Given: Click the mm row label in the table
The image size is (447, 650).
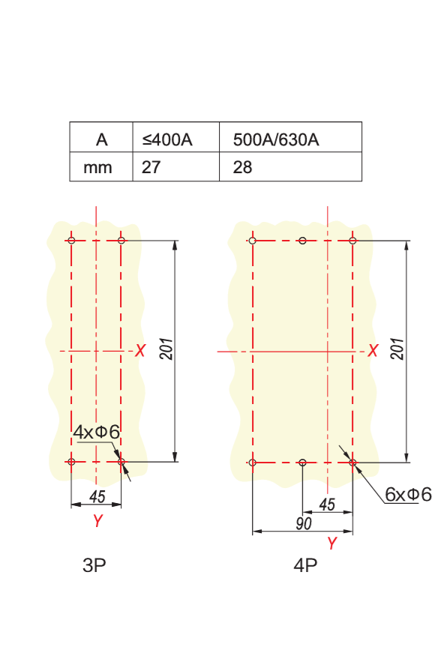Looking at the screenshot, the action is pyautogui.click(x=97, y=167).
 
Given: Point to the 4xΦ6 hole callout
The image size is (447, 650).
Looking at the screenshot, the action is pyautogui.click(x=96, y=432).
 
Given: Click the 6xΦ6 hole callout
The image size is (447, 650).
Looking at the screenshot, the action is pyautogui.click(x=408, y=494).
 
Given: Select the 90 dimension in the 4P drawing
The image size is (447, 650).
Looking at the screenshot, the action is pyautogui.click(x=304, y=523).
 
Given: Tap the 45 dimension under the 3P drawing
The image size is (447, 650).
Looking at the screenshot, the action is pyautogui.click(x=97, y=496).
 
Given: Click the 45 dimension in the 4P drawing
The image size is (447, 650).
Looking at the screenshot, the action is pyautogui.click(x=327, y=505).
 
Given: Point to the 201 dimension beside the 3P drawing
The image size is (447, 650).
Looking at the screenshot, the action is pyautogui.click(x=166, y=349).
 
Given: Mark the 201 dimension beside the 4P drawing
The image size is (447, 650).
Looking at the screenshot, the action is pyautogui.click(x=397, y=349).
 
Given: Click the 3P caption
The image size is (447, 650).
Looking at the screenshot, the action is pyautogui.click(x=94, y=565).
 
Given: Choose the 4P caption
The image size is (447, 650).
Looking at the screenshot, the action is pyautogui.click(x=305, y=565).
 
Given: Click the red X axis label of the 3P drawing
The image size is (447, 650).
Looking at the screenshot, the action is pyautogui.click(x=140, y=351).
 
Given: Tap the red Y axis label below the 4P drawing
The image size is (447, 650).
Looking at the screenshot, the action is pyautogui.click(x=331, y=543).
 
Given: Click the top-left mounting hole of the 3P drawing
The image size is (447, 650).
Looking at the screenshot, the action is pyautogui.click(x=71, y=241).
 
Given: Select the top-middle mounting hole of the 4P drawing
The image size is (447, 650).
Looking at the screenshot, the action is pyautogui.click(x=303, y=241).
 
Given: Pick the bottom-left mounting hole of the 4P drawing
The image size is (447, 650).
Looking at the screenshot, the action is pyautogui.click(x=253, y=463).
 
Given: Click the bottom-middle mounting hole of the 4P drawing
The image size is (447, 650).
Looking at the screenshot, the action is pyautogui.click(x=303, y=463).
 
